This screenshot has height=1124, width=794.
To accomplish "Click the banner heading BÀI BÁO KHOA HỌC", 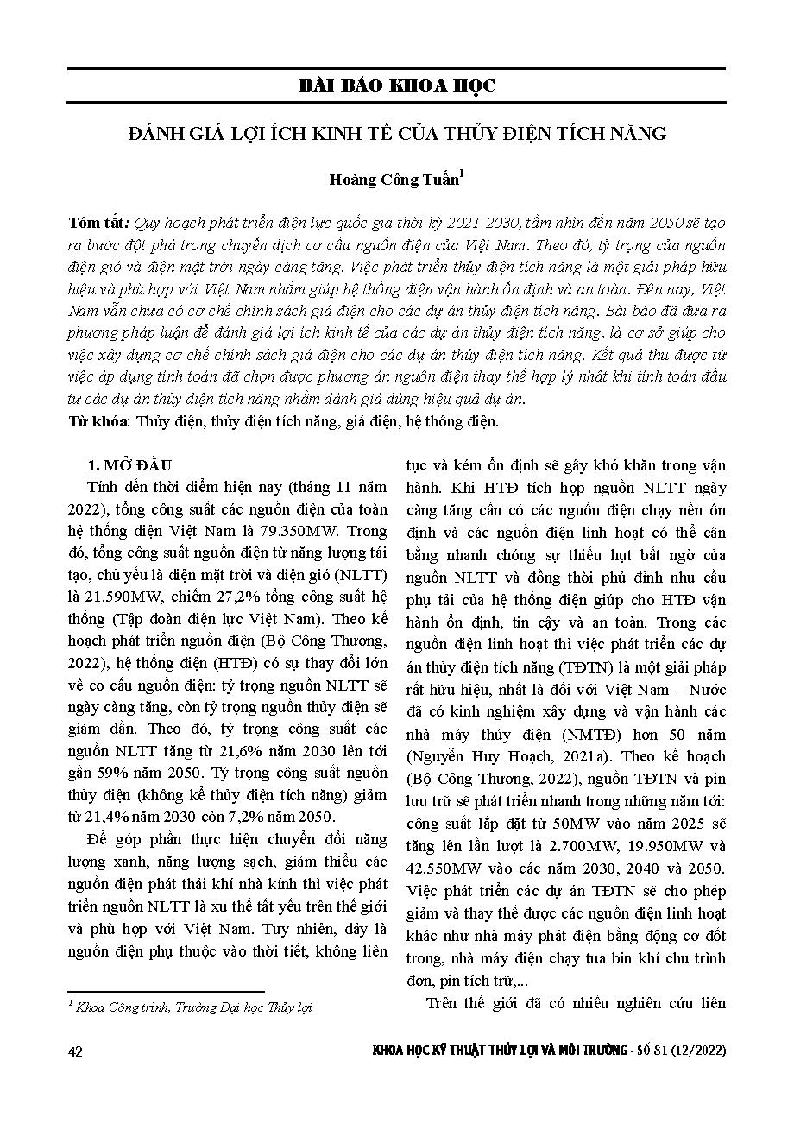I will point(396,86).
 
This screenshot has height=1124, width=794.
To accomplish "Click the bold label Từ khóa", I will point(99,422).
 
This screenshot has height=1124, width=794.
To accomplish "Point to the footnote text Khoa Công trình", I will point(113,1008).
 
